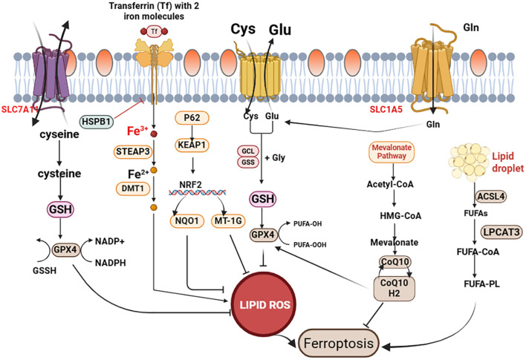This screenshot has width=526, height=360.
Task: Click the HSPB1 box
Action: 97,122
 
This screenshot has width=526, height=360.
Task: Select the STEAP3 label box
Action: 132,151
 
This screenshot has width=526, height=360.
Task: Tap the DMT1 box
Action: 133,189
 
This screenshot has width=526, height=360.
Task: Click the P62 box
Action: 192,118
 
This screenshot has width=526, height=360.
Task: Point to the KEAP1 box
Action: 192,145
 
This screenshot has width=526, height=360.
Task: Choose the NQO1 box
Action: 187,221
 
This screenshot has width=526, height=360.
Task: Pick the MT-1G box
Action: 228,221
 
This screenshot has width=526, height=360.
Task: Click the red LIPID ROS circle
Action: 264,304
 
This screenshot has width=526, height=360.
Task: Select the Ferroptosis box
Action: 339,343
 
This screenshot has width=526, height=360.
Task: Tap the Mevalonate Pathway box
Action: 392,152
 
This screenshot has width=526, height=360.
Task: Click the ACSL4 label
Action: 491,197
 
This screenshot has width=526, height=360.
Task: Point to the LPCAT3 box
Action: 501,232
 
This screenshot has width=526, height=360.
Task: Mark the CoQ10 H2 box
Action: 394,288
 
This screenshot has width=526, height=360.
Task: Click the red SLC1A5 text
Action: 386,109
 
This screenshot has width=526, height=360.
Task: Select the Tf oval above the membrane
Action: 154,31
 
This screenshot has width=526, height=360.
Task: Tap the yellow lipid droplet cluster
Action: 470,160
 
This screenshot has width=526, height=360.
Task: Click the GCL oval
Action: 248,151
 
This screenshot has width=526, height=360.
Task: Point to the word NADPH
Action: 111,263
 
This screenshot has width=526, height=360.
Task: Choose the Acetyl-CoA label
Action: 390,184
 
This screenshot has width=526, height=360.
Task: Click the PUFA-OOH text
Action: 310,245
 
